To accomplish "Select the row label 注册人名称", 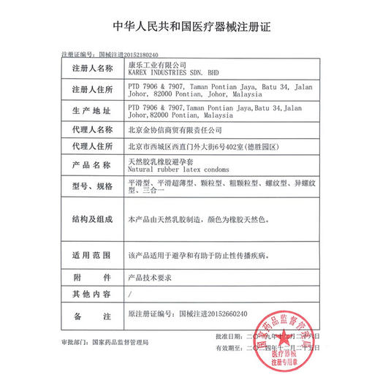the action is coord(93,69).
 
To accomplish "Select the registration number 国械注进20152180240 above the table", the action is coord(129,54).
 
